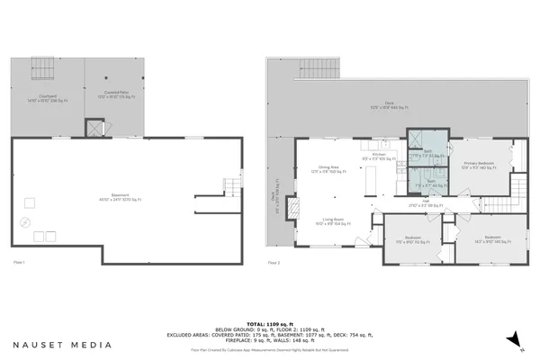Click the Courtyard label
pyautogui.click(x=48, y=97)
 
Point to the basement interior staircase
pyautogui.click(x=231, y=187)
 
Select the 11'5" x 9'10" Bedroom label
pyautogui.click(x=411, y=238)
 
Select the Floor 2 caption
pyautogui.click(x=274, y=262)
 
